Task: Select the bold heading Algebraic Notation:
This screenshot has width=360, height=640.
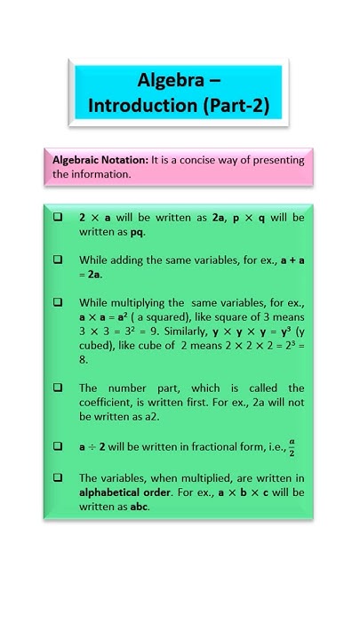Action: pos(100,160)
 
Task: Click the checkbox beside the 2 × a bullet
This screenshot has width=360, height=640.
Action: pos(58,217)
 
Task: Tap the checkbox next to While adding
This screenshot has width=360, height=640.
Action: pos(58,260)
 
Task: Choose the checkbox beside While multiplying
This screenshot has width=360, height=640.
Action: pos(58,302)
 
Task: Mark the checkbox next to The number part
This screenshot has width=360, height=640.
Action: pos(58,388)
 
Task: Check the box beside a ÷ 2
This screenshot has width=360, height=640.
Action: pos(58,446)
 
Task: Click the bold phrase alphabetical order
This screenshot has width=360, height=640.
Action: pos(128,492)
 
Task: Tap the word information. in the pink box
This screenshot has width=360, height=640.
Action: pos(103,174)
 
